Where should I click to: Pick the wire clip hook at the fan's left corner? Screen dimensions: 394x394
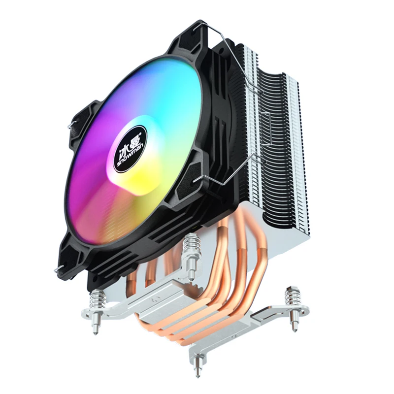point(72,125)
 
